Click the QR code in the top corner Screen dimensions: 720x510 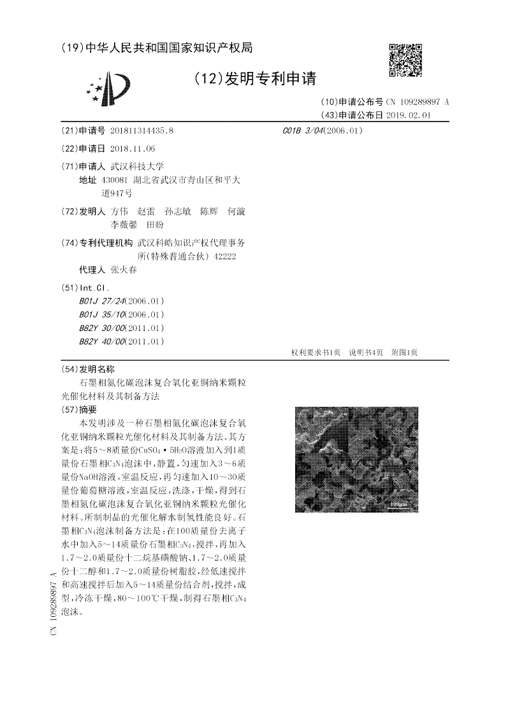click(405, 60)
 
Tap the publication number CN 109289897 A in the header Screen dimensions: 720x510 click(417, 102)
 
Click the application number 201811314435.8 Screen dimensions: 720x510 click(142, 131)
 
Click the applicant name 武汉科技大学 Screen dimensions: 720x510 click(137, 166)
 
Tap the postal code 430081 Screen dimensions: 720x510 click(115, 180)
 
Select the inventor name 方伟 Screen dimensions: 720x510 click(119, 211)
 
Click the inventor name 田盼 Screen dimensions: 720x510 click(155, 225)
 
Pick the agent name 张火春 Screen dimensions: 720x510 click(124, 269)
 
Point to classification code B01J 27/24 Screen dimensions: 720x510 click(101, 300)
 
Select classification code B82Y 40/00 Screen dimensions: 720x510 click(101, 342)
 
